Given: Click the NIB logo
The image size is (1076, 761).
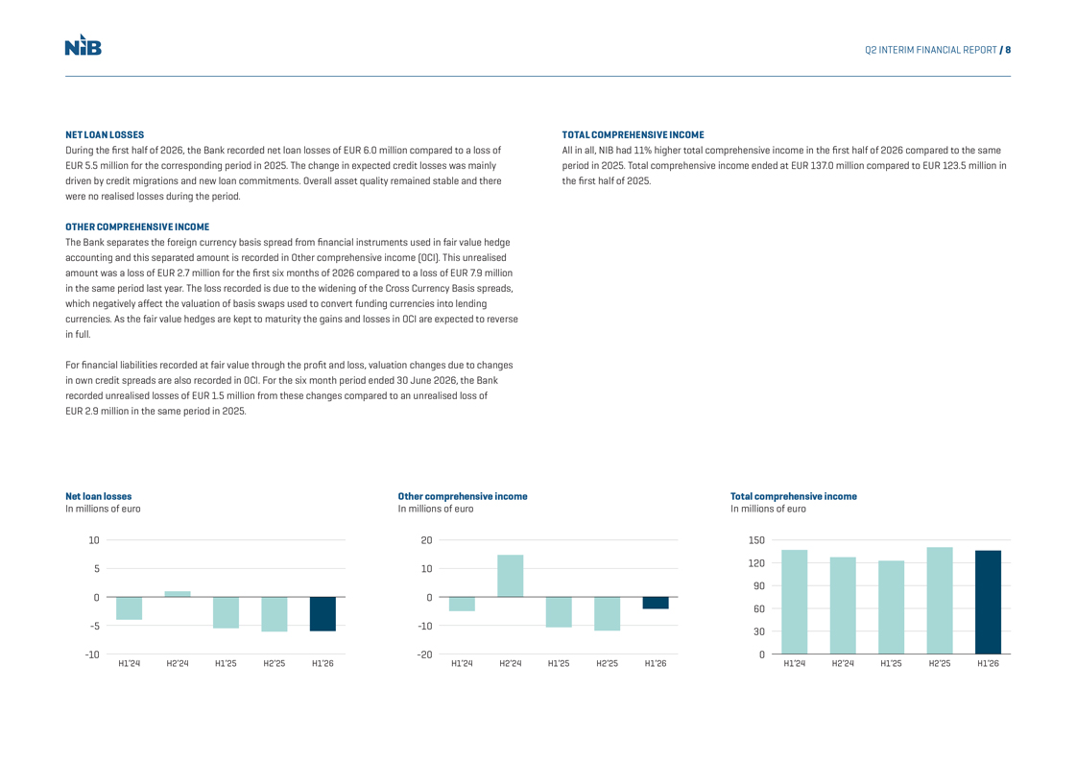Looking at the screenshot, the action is (84, 44).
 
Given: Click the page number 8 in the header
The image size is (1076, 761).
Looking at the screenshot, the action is (1008, 50).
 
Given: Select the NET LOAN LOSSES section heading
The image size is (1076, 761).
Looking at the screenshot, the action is (105, 135).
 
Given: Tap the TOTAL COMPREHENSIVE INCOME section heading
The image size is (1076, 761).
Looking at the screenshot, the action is (633, 135).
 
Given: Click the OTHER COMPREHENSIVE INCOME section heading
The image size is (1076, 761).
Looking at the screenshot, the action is (137, 227).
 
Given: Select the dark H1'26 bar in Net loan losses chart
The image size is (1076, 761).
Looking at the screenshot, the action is (323, 614).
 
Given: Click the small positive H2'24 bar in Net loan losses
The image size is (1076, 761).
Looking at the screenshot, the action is (178, 594).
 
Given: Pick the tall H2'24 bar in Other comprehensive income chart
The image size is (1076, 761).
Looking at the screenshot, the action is (511, 576).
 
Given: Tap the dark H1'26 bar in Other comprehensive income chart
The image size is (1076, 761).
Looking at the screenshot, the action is (656, 603).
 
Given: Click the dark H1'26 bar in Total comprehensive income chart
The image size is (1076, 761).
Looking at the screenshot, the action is (988, 603).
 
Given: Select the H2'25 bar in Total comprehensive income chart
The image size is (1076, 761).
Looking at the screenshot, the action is (940, 601).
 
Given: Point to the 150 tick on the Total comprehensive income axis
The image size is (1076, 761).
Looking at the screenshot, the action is (756, 540).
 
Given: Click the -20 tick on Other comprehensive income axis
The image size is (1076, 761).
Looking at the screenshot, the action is (425, 654).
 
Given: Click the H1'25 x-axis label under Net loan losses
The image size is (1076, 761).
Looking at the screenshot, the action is (226, 663).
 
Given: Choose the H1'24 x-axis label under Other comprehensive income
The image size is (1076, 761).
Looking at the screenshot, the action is (462, 663).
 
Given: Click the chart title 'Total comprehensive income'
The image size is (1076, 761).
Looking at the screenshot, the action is (793, 496).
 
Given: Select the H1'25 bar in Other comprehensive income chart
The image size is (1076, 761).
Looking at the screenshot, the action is (559, 612).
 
